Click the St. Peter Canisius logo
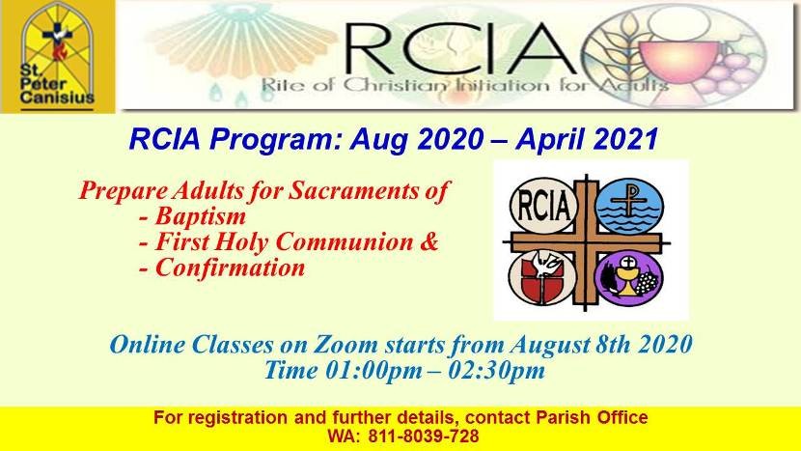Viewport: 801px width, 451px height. (58, 56)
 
